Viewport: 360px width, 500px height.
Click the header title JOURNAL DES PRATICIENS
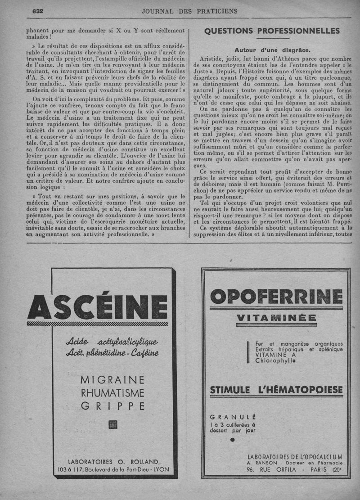(x=189, y=11)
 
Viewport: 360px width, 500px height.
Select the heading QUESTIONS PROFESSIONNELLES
(x=272, y=31)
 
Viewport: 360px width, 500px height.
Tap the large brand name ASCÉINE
(x=97, y=307)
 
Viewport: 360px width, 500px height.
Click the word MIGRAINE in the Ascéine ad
(x=112, y=380)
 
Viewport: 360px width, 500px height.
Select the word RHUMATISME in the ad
(x=112, y=393)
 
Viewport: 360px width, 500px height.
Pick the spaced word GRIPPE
(x=112, y=406)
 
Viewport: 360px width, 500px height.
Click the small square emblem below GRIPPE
(x=112, y=423)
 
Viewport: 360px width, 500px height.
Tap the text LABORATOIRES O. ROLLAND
(x=113, y=461)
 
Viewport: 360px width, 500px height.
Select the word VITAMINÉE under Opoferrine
(x=276, y=319)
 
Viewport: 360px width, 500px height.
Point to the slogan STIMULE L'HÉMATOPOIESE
(x=276, y=389)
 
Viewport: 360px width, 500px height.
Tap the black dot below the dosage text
(x=232, y=439)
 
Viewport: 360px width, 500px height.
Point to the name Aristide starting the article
(x=212, y=59)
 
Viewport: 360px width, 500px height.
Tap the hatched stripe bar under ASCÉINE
(x=97, y=324)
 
